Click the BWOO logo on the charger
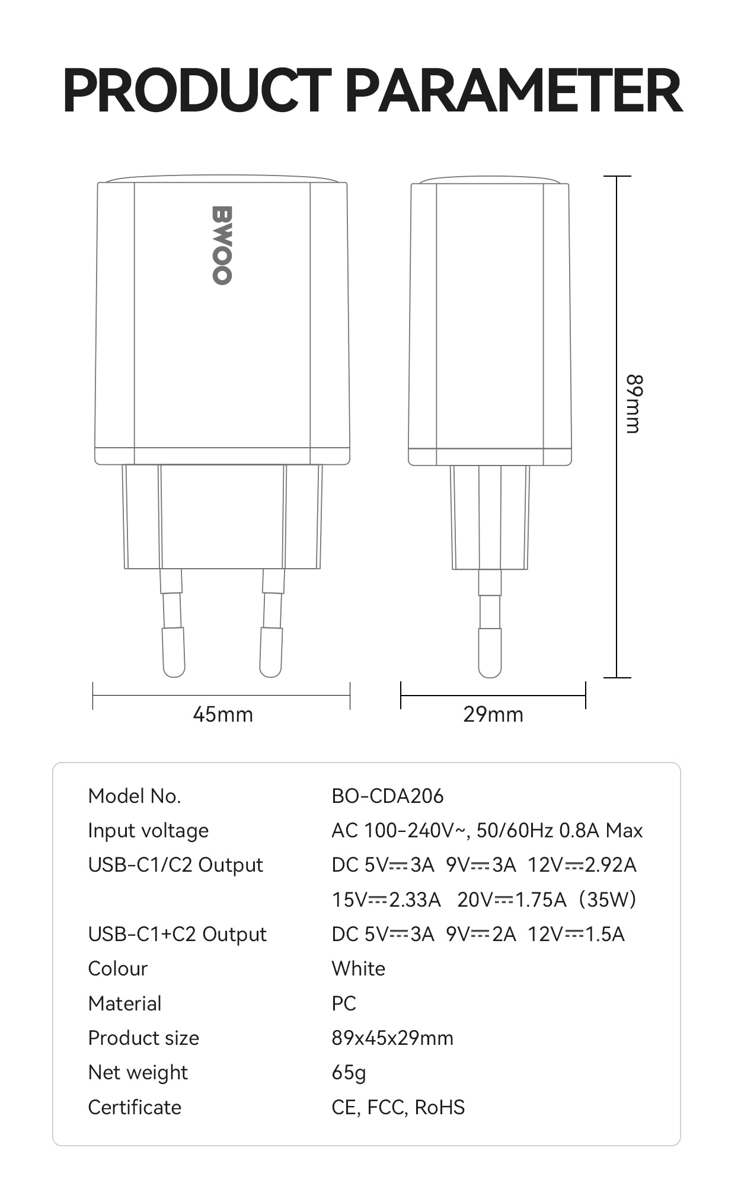click(222, 245)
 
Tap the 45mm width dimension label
click(223, 715)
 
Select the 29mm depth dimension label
click(493, 715)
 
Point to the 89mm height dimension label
click(634, 404)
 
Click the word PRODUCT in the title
click(197, 91)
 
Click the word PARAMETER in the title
click(513, 91)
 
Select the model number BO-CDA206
click(388, 796)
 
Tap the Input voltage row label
click(148, 831)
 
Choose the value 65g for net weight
click(349, 1073)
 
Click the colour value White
click(359, 969)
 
